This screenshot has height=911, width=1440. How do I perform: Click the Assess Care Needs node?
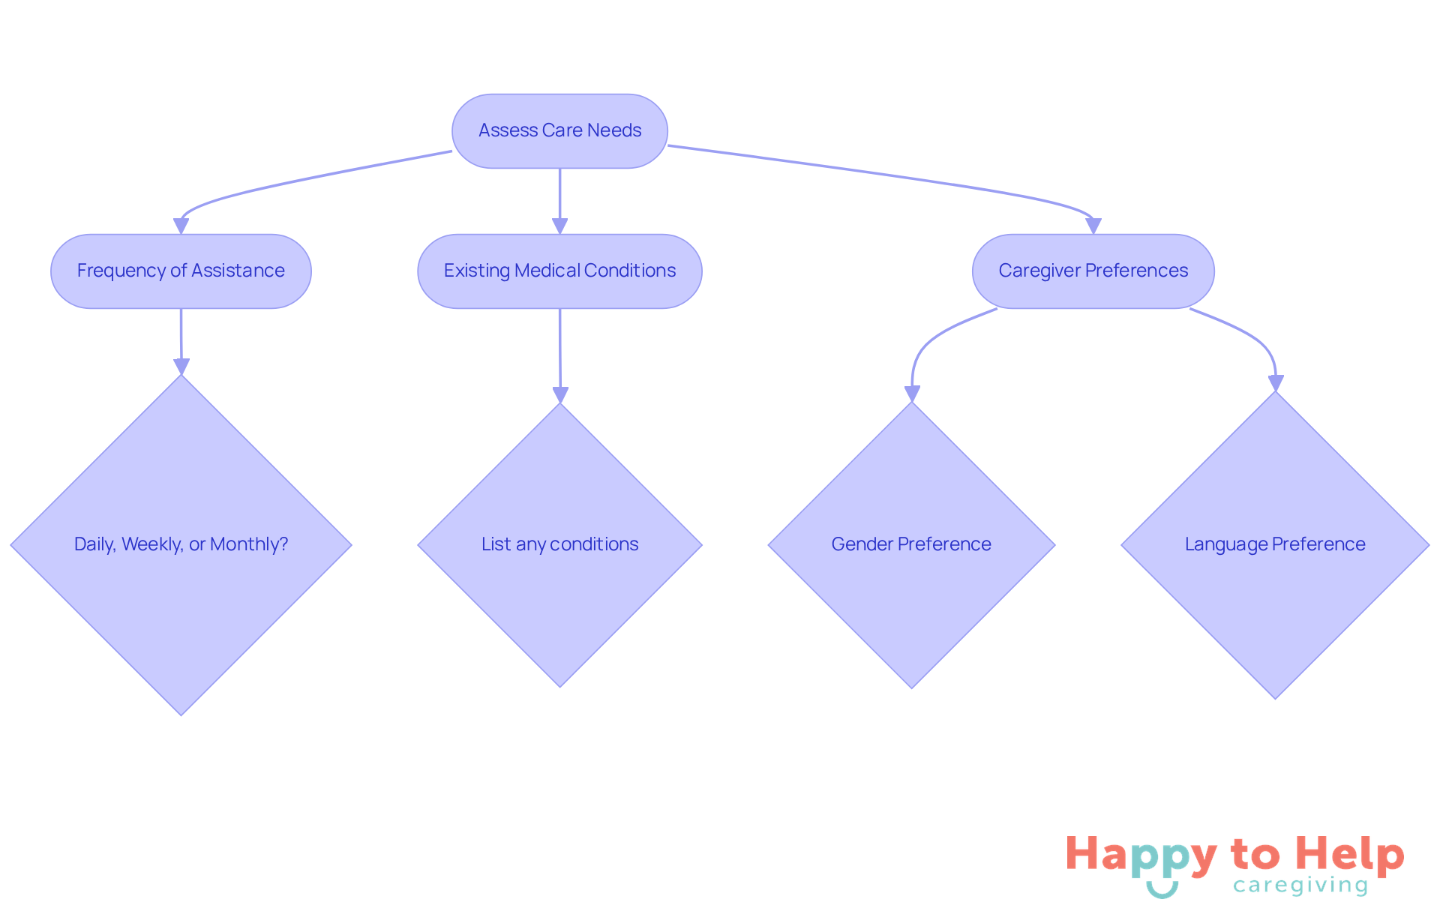559,131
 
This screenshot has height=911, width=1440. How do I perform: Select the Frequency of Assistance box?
181,271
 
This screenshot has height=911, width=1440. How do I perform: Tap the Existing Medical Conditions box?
559,271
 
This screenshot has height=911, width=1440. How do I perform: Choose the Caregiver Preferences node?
1093,271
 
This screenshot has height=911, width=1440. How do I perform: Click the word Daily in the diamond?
94,544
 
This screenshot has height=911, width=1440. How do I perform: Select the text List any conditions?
559,544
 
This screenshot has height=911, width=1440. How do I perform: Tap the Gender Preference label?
911,544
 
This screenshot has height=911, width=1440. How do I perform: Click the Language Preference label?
1275,544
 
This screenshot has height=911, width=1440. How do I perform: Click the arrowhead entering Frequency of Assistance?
181,226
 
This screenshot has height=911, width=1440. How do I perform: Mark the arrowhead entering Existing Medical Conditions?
559,226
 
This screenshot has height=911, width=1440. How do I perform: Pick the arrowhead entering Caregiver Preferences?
1093,226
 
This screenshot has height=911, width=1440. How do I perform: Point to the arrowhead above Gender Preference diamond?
912,394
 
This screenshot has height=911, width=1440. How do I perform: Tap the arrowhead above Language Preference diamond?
1276,383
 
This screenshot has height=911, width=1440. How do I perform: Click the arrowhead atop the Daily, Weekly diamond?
181,366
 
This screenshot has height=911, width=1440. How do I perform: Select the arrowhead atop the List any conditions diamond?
560,394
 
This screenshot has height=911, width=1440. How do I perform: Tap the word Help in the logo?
1350,855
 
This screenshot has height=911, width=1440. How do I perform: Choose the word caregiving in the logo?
1300,886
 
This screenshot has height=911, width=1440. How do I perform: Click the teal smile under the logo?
1162,890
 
